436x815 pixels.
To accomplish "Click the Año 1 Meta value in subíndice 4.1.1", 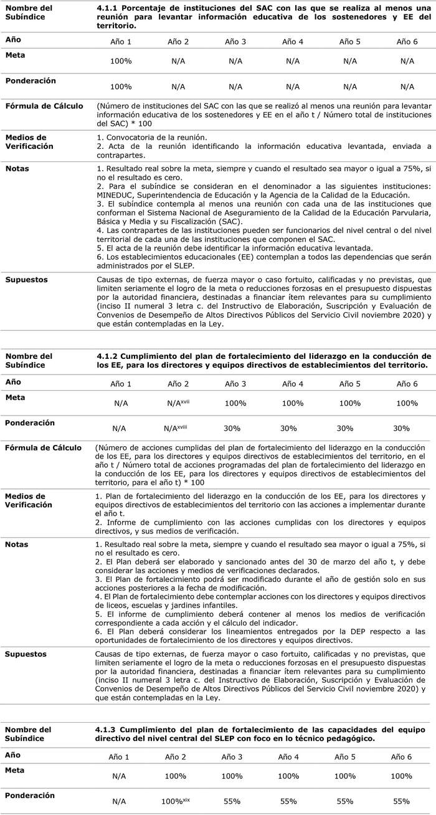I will pos(121,61).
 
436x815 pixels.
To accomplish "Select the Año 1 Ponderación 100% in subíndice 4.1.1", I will pos(121,87).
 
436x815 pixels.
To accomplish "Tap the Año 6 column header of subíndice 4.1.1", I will pos(407,42).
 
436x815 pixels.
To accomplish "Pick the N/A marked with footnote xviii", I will pos(176,428).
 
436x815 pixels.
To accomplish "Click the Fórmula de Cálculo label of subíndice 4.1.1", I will pos(44,106).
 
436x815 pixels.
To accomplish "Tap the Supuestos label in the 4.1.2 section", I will pos(27,654).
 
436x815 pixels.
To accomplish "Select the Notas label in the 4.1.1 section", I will pos(17,168).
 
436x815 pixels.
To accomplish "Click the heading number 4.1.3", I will pos(108,729).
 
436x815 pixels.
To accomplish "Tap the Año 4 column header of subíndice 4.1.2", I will pos(293,384).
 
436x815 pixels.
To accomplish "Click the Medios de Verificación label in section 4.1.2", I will pos(29,500).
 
